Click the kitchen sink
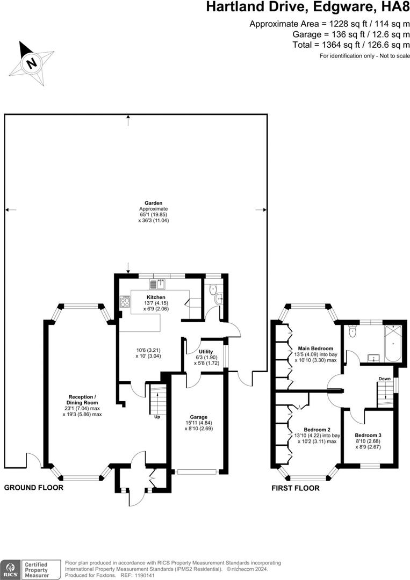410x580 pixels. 156,284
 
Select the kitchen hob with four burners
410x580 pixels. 125,302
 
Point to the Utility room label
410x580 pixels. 206,351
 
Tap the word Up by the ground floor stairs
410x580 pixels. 156,417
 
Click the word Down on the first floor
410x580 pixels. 384,379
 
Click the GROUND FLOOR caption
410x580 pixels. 34,488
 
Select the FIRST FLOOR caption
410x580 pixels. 295,488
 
